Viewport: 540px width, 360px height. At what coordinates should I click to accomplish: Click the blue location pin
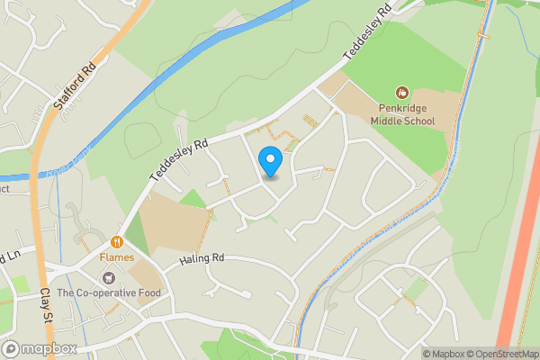click(270, 161)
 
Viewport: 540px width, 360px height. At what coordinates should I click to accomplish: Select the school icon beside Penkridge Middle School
click(402, 92)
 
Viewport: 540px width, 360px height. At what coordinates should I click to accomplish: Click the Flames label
click(117, 257)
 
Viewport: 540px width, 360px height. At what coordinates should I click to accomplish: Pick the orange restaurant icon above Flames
click(117, 242)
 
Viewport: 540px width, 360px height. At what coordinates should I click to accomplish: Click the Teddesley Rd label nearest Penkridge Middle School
click(367, 36)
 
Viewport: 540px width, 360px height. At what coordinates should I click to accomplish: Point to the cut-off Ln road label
click(9, 258)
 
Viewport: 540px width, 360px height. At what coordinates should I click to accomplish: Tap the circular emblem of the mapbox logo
click(11, 349)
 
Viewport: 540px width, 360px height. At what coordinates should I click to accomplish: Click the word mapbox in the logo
click(49, 349)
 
